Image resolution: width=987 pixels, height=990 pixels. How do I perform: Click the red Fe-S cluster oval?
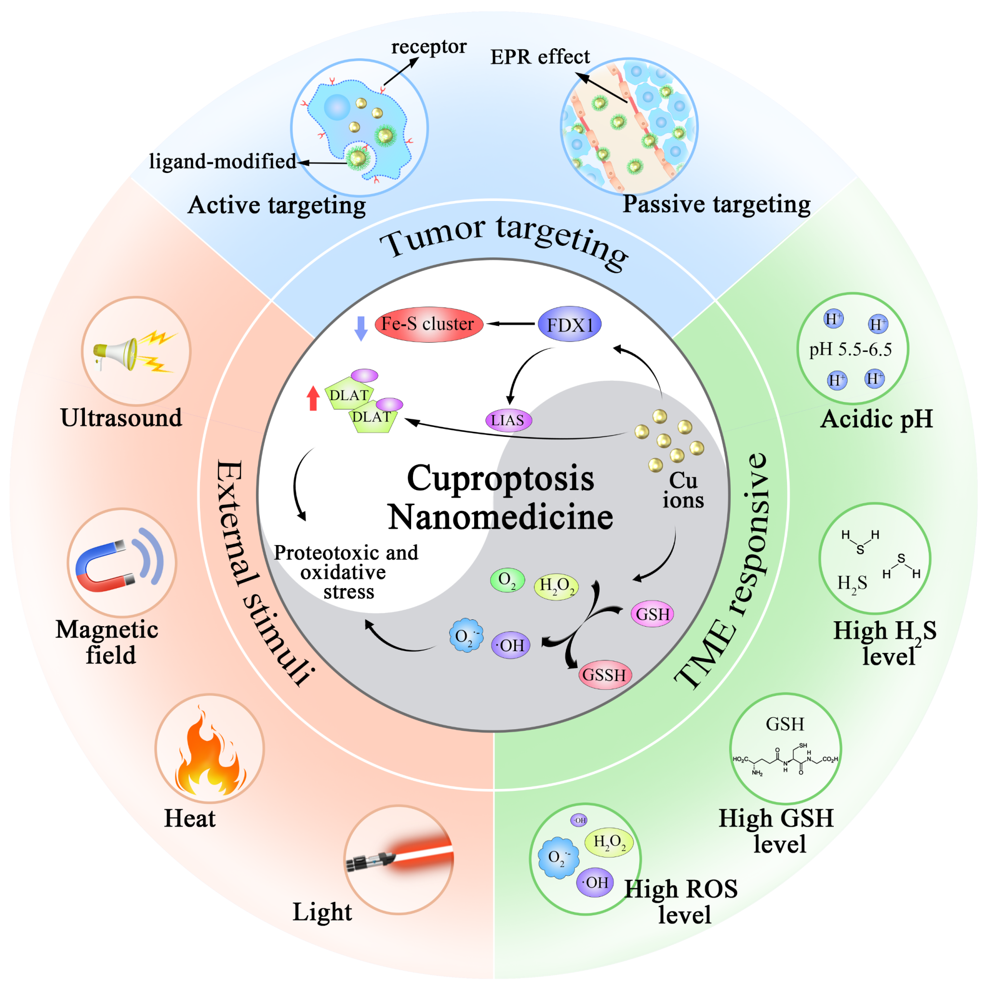[x=428, y=324]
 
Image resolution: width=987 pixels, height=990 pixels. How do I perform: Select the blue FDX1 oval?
[x=569, y=324]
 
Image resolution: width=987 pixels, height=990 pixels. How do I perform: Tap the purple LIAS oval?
[x=508, y=420]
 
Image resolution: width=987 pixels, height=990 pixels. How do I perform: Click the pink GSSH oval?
[x=605, y=674]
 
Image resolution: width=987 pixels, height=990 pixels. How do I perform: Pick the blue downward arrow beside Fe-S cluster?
[x=361, y=328]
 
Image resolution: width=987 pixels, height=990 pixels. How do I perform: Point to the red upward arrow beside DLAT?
[x=313, y=398]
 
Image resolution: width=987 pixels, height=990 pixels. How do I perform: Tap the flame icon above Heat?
[x=209, y=751]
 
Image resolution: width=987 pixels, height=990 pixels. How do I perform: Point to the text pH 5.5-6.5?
[x=850, y=349]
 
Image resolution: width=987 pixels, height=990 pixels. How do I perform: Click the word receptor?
[x=428, y=47]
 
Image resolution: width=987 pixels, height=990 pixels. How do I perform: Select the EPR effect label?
[x=540, y=57]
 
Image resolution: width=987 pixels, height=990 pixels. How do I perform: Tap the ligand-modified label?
[x=222, y=161]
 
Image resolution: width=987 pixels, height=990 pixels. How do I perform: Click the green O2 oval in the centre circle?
[x=507, y=579]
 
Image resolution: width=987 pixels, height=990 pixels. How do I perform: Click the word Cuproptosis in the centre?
[x=500, y=478]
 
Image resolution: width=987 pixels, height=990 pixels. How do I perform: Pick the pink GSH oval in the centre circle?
[x=653, y=614]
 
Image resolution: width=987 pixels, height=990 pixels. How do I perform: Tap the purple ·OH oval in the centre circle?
[x=510, y=645]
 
